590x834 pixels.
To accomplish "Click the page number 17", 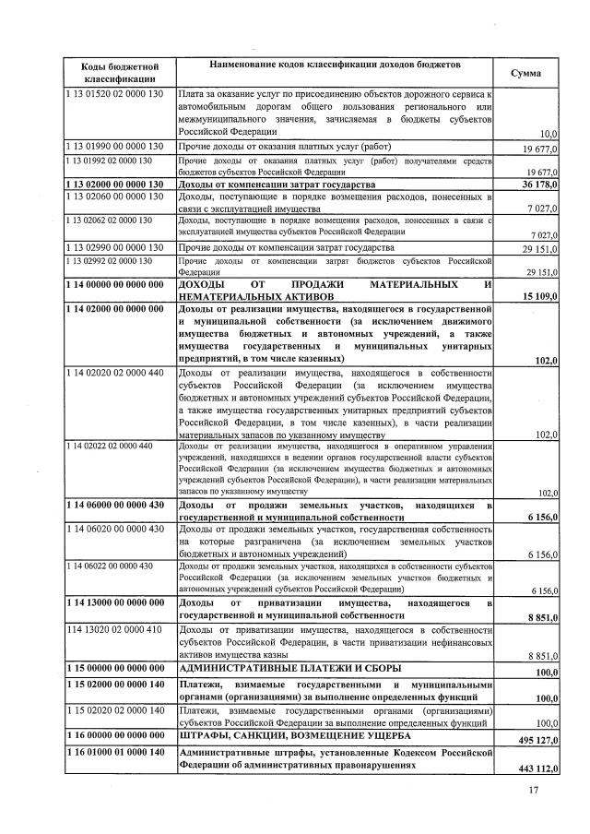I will [x=533, y=790].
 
